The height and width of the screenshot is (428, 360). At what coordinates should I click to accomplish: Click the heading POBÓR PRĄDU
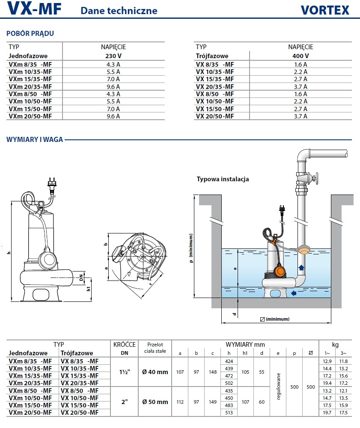(30, 33)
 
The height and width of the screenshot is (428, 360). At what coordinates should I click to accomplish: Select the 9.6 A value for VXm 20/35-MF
(113, 86)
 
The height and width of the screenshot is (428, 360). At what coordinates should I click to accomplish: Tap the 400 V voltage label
(300, 56)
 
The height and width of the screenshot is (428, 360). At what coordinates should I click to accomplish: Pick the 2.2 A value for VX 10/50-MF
(300, 101)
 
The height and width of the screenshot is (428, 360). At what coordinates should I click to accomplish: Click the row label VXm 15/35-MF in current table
(30, 79)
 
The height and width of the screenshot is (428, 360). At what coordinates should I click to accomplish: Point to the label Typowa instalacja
(223, 179)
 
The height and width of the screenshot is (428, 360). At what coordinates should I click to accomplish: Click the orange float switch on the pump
(280, 271)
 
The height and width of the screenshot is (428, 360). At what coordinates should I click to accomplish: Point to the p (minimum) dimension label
(191, 248)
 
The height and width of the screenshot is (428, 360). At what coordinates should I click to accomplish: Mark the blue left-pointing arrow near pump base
(293, 293)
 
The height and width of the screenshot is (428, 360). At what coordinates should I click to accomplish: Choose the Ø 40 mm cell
(155, 372)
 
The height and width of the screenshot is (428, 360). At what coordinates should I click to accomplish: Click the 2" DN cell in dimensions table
(125, 402)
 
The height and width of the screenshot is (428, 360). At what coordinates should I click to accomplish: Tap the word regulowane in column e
(279, 387)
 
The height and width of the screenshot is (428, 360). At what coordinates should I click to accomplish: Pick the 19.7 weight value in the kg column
(327, 413)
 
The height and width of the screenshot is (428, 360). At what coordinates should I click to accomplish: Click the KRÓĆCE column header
(125, 345)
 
